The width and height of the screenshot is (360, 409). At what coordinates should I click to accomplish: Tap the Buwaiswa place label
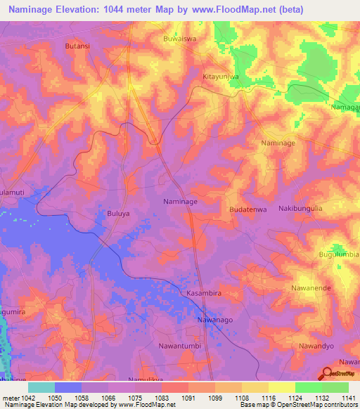click(180, 39)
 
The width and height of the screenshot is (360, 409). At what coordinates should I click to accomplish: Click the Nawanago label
click(214, 320)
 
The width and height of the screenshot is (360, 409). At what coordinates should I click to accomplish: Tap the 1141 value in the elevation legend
click(347, 398)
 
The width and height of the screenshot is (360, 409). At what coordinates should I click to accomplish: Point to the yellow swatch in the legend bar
click(281, 387)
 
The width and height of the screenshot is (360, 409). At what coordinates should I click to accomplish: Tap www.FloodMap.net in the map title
click(238, 10)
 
